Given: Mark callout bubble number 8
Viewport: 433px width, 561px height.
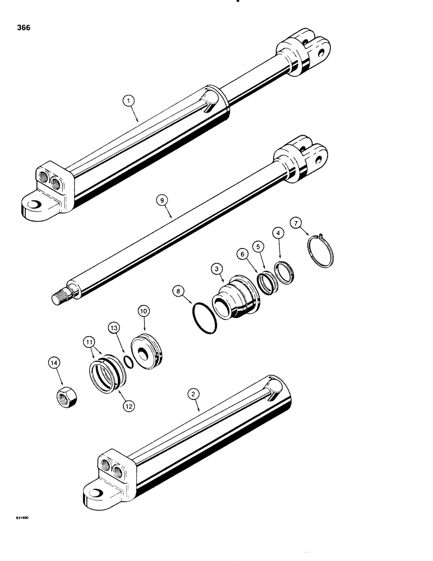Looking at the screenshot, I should pos(179,292).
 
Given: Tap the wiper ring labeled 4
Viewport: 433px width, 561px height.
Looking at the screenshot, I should pos(287,272).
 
